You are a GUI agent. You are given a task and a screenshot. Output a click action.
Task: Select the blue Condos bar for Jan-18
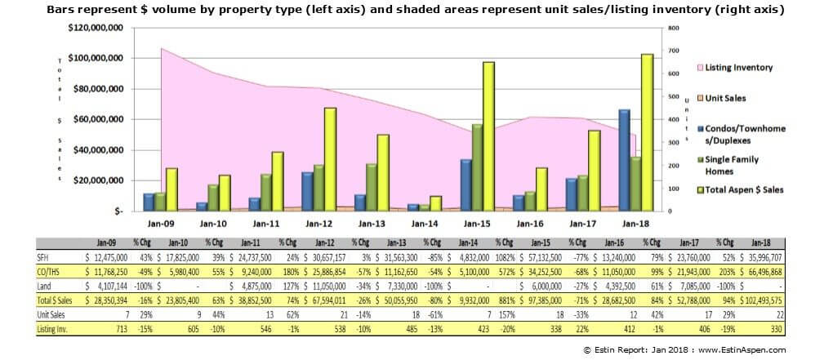(x=624, y=160)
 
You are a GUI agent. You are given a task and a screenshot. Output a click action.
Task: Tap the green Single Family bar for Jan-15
(x=477, y=167)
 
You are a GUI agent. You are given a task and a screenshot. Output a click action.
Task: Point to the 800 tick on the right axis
(x=674, y=28)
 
